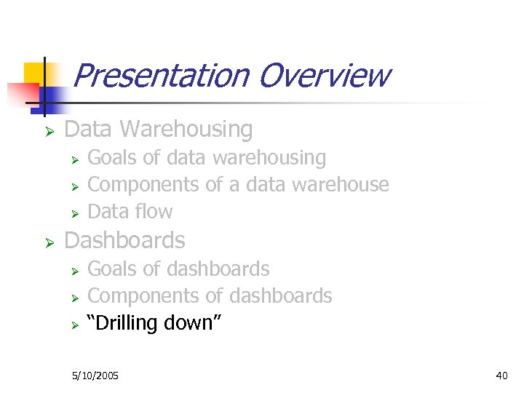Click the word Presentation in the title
click(x=161, y=76)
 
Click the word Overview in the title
click(x=323, y=76)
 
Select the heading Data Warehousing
click(x=159, y=130)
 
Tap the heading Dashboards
click(x=124, y=241)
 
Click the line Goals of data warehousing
click(x=207, y=158)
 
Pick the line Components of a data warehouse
click(x=238, y=185)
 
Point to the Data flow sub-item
click(x=130, y=212)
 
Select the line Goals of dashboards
click(x=178, y=269)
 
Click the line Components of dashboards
click(x=210, y=296)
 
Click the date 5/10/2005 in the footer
click(x=95, y=376)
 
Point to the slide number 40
click(x=501, y=376)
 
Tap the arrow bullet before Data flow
click(x=74, y=213)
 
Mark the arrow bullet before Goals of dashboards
click(x=74, y=271)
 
